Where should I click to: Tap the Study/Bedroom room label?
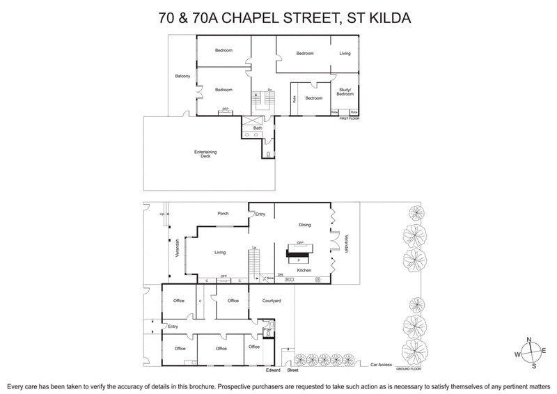tap(345, 91)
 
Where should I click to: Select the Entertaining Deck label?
tap(202, 154)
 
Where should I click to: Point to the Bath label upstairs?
tap(258, 128)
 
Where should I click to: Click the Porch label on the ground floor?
tap(223, 214)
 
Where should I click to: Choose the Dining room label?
tap(304, 225)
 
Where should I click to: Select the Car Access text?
tap(382, 364)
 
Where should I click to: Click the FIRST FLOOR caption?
tap(349, 119)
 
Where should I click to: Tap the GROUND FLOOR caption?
tap(409, 368)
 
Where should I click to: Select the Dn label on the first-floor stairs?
tap(269, 90)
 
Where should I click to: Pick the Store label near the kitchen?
tap(271, 278)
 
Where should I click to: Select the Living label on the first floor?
tap(345, 54)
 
